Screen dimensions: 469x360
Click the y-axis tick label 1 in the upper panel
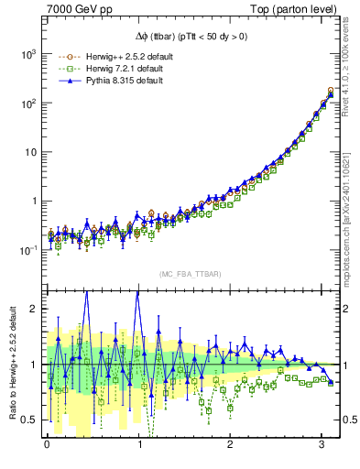tap(32, 201)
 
